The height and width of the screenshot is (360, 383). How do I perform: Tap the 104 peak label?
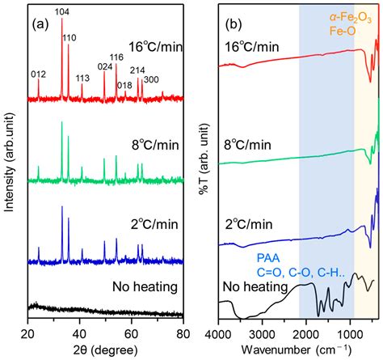tap(62, 11)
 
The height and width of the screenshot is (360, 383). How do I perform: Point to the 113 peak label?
tap(82, 78)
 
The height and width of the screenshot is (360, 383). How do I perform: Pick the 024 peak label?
tap(104, 67)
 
